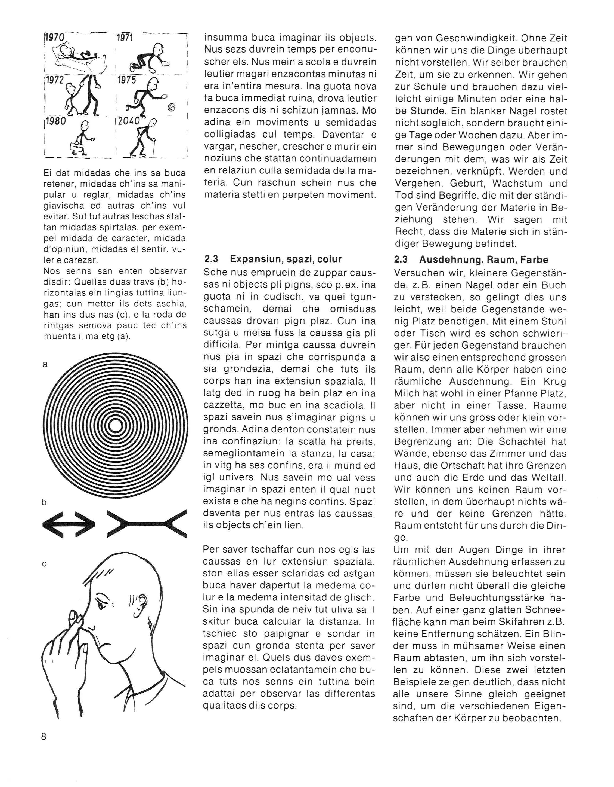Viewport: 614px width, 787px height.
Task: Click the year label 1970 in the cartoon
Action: [54, 37]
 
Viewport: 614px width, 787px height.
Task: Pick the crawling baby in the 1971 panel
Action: [149, 58]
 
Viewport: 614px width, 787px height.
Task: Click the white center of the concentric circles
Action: [115, 426]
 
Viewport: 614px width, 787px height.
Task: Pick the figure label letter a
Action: [45, 364]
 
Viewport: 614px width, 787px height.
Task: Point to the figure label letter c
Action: [44, 564]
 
